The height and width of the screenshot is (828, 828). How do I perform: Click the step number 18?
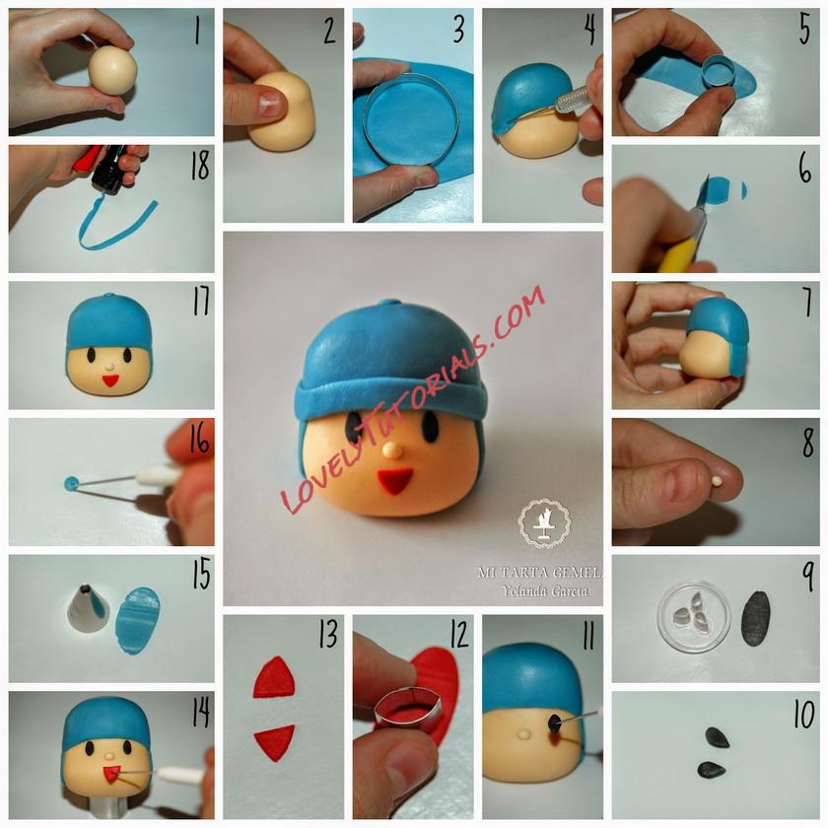coord(200,165)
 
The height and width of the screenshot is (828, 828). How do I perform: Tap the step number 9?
coord(808,578)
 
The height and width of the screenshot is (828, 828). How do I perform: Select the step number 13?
coord(328,634)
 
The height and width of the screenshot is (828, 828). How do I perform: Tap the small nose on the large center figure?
coord(391,450)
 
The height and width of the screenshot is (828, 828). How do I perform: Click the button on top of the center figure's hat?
coord(391,304)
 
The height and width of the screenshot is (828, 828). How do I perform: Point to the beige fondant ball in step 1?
coord(112,70)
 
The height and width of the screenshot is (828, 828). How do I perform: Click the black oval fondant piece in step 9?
coord(756,618)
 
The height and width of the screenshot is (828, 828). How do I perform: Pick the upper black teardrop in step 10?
coord(717,737)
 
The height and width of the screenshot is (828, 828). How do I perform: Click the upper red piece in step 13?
coord(274,677)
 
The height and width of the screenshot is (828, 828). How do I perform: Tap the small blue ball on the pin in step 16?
coord(71,483)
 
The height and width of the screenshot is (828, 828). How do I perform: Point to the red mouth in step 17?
coord(110,380)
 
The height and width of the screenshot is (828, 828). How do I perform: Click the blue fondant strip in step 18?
coord(116,227)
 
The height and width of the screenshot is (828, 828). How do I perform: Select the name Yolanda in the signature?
coord(520,590)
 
